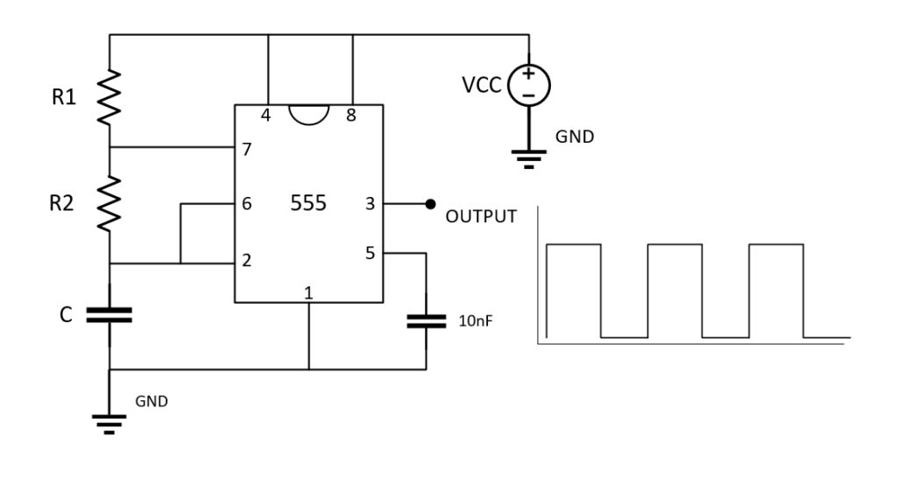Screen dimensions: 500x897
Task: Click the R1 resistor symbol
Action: (109, 97)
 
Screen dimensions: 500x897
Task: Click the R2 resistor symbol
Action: (109, 203)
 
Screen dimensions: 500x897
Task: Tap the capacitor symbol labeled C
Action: (109, 314)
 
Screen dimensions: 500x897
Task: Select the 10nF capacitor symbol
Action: (427, 320)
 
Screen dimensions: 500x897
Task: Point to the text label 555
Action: (308, 204)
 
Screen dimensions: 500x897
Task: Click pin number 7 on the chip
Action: (247, 149)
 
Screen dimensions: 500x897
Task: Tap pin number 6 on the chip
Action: (247, 204)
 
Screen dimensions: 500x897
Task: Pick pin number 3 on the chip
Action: (369, 204)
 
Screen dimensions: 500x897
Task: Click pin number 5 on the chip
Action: (369, 254)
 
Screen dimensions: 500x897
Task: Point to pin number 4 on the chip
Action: (265, 115)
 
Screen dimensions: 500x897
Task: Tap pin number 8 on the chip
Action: (350, 115)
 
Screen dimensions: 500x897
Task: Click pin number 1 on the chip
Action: (308, 292)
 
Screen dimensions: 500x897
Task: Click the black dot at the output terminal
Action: (429, 204)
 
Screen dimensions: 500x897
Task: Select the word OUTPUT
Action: (481, 217)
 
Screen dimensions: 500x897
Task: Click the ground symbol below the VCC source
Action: (528, 158)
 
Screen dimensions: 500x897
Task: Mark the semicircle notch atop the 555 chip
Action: (308, 115)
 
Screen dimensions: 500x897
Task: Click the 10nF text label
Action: (477, 321)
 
